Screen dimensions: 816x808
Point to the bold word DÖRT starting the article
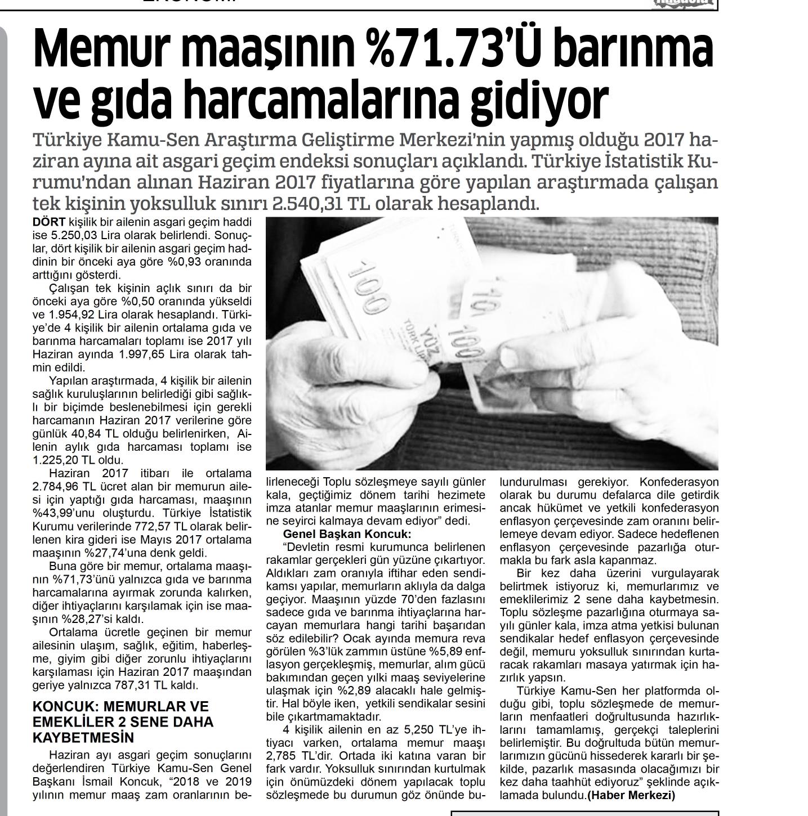[49, 223]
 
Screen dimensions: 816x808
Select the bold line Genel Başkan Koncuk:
[347, 534]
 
